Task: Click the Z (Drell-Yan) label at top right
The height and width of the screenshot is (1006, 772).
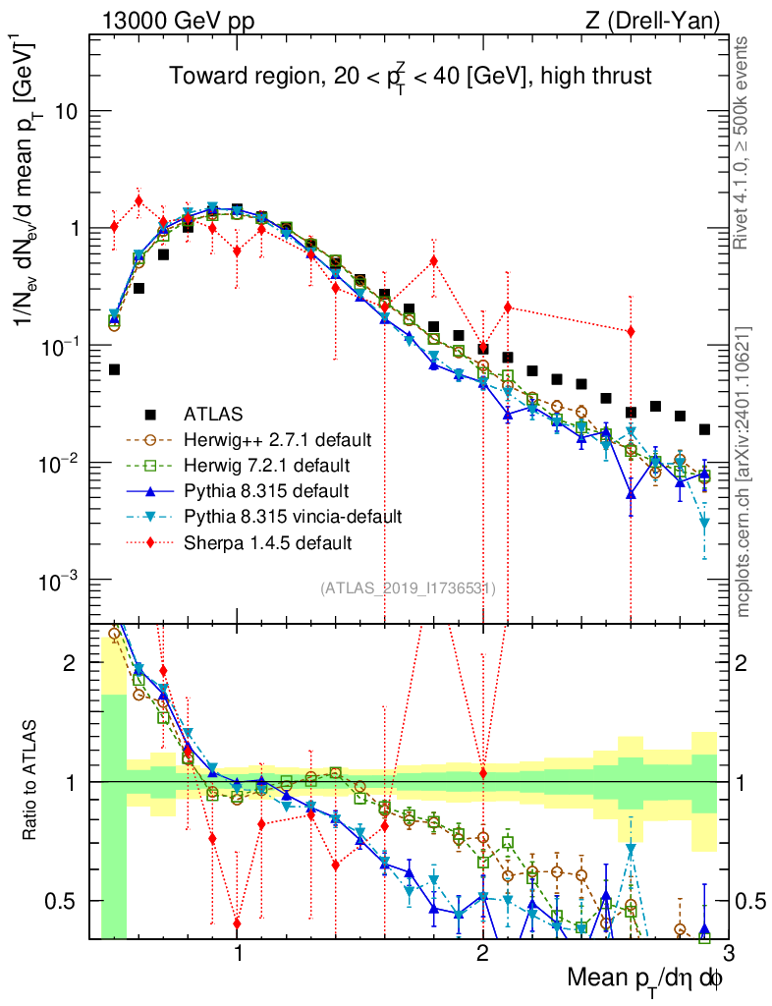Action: tap(665, 20)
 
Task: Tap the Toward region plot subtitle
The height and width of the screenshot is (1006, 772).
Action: tap(410, 77)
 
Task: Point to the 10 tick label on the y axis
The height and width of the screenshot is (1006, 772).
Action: tap(65, 111)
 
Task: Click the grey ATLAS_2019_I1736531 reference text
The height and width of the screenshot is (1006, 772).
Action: tap(407, 588)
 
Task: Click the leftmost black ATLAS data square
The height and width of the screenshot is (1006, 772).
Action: tap(115, 369)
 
